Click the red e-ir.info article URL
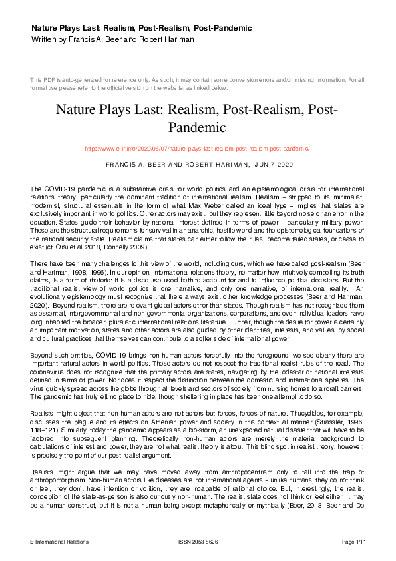pos(198,148)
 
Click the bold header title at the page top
pos(141,28)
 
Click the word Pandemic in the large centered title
pos(198,127)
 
